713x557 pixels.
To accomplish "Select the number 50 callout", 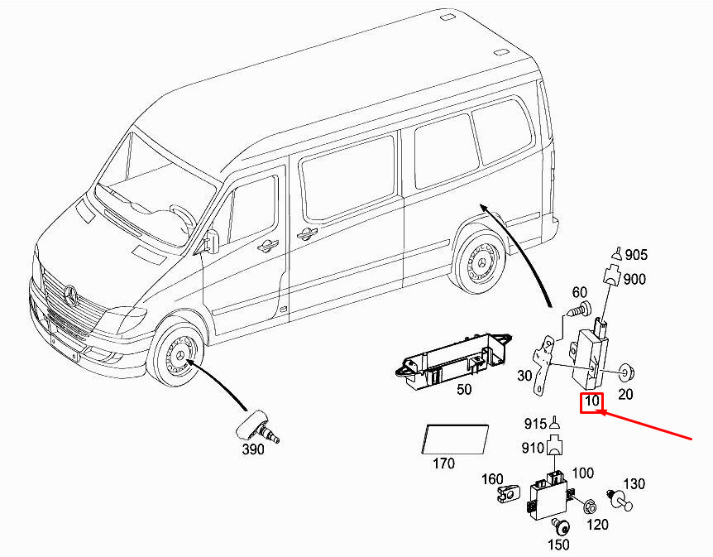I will pyautogui.click(x=464, y=389).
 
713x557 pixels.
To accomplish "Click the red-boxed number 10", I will pyautogui.click(x=592, y=403).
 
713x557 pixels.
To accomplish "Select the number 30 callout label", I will pyautogui.click(x=524, y=376).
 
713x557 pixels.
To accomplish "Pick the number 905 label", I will pyautogui.click(x=636, y=255).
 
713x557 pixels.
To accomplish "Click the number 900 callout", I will pyautogui.click(x=634, y=279).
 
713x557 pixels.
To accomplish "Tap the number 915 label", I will pyautogui.click(x=535, y=424).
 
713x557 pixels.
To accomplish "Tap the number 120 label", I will pyautogui.click(x=597, y=524).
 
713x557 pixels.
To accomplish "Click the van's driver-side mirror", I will pyautogui.click(x=211, y=241).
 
